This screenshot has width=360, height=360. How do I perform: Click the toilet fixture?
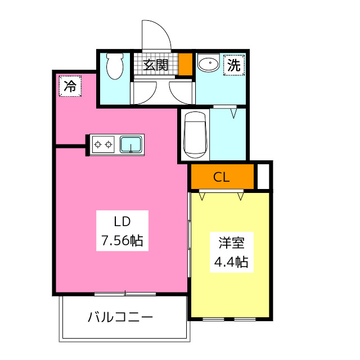click(115, 66)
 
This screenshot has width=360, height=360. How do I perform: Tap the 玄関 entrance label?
click(156, 65)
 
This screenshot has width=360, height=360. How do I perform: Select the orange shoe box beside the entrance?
click(186, 64)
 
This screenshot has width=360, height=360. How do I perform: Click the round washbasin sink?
click(209, 62)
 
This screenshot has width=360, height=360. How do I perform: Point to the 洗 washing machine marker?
click(234, 65)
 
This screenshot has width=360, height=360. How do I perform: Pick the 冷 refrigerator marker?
click(70, 86)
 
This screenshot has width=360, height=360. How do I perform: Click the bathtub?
click(195, 135)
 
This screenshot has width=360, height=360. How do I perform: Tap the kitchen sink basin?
click(131, 145)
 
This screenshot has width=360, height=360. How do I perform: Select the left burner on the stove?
click(98, 145)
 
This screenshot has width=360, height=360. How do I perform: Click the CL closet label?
click(221, 177)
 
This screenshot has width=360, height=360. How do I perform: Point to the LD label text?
click(123, 222)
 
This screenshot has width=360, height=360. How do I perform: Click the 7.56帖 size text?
click(123, 241)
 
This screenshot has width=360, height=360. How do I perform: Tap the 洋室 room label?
click(231, 243)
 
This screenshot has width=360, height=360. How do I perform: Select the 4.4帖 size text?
click(231, 262)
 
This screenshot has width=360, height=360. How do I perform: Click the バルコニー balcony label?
click(120, 317)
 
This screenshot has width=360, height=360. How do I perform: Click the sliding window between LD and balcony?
click(125, 294)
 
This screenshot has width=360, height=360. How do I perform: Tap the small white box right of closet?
click(263, 177)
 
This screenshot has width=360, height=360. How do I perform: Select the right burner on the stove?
click(109, 145)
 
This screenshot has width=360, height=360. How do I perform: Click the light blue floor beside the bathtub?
click(228, 134)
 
